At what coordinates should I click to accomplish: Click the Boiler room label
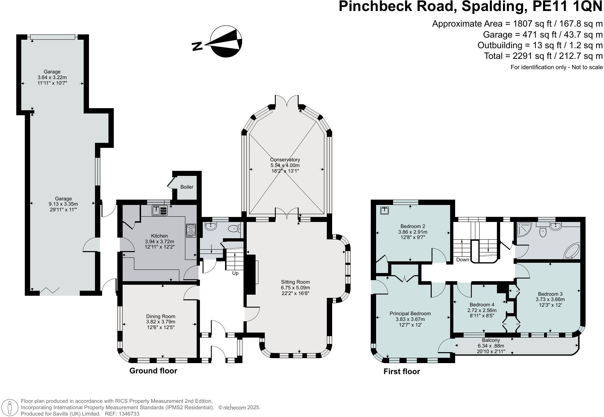coord(187,187)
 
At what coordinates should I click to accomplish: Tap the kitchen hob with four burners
coord(191,230)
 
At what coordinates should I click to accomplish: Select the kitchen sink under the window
coord(160,210)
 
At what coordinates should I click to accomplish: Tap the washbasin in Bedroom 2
coord(384,210)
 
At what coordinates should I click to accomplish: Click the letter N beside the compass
coord(197,46)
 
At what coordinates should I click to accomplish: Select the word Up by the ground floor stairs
coord(235,273)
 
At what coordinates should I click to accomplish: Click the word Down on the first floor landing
coord(463,260)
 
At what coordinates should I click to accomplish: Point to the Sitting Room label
coord(295,282)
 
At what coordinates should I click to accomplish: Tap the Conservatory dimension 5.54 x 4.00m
coord(285,165)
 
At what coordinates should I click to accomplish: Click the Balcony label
coord(491,340)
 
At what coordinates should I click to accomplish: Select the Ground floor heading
coord(153,371)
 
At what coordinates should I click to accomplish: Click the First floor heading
coord(402,372)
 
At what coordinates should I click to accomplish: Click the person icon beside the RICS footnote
coord(10,407)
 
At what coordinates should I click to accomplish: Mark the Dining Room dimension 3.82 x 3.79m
coord(161,322)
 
